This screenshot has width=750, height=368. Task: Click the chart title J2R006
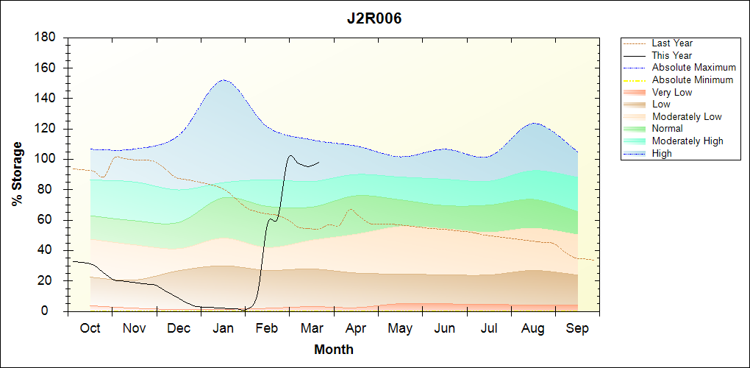click(374, 18)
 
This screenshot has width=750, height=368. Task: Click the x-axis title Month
click(333, 350)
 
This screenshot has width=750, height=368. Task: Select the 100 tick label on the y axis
click(45, 159)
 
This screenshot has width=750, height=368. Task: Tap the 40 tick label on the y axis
click(49, 250)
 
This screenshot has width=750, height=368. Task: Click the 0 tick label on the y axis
click(52, 311)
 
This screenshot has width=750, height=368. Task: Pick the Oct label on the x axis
click(90, 328)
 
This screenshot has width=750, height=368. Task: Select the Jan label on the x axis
click(223, 328)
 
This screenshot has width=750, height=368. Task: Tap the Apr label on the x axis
click(356, 328)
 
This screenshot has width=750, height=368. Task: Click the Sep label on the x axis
click(577, 328)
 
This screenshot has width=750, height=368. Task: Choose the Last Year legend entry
click(672, 43)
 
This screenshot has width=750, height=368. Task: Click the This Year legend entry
click(672, 55)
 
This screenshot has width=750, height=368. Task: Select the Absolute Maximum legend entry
click(693, 68)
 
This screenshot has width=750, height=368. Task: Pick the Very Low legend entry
click(672, 92)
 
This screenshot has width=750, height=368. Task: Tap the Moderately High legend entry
click(687, 141)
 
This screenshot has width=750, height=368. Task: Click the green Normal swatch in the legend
click(635, 129)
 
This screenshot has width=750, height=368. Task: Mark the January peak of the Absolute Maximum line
click(222, 80)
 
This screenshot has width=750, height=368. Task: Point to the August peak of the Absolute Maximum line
click(535, 124)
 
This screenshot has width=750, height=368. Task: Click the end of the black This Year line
click(319, 162)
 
